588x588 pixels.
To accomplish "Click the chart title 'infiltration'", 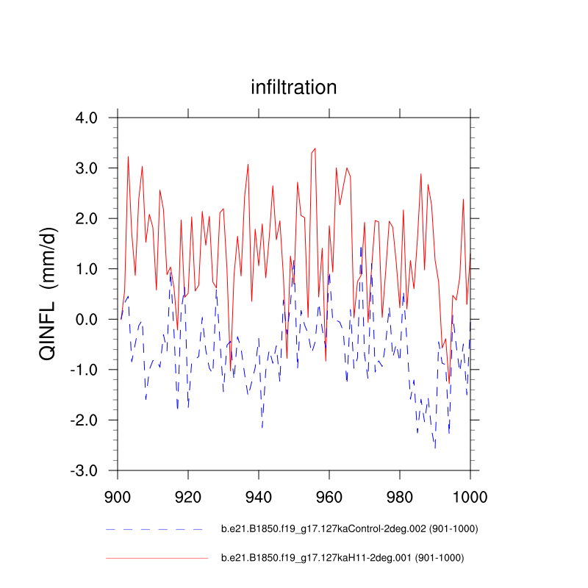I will (x=294, y=87).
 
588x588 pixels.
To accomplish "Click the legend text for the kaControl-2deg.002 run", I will (x=344, y=529).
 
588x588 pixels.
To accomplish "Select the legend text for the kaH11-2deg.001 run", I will (x=343, y=558).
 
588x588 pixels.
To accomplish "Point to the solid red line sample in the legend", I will (x=157, y=559).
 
